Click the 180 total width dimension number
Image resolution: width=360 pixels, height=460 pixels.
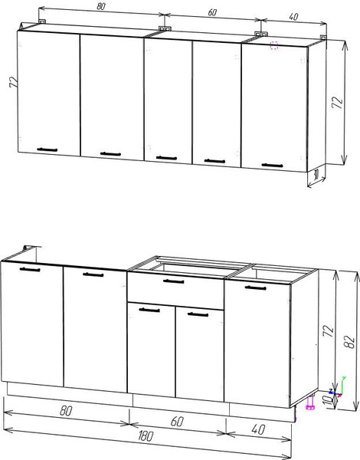point(145,436)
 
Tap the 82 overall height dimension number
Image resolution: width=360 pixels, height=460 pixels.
point(350,341)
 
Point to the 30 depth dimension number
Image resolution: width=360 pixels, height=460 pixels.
point(316,175)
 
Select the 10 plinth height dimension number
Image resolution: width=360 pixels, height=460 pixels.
point(331,399)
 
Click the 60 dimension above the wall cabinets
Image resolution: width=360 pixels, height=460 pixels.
point(212,12)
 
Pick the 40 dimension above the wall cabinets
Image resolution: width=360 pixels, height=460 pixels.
point(293,17)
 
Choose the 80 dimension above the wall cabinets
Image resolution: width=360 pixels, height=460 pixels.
point(100,6)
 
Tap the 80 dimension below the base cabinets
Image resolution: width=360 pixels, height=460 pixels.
point(66,411)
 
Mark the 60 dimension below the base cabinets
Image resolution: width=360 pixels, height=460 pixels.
point(177,421)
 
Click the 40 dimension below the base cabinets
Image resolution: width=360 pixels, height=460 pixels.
point(258,429)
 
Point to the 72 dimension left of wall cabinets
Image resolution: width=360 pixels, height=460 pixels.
point(13,82)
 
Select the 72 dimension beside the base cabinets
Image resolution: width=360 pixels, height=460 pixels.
point(329,330)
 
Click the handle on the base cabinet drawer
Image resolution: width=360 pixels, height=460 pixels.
point(174,281)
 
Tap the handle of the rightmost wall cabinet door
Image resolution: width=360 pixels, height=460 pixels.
point(273,166)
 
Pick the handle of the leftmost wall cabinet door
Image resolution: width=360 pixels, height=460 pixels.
point(47,149)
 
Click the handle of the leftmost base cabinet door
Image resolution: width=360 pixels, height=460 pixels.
point(30,269)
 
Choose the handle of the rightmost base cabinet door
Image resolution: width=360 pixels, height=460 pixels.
point(256,287)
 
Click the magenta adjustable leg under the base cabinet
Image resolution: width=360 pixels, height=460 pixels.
point(310,403)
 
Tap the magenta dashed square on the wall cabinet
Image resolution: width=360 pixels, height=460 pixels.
point(274,45)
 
